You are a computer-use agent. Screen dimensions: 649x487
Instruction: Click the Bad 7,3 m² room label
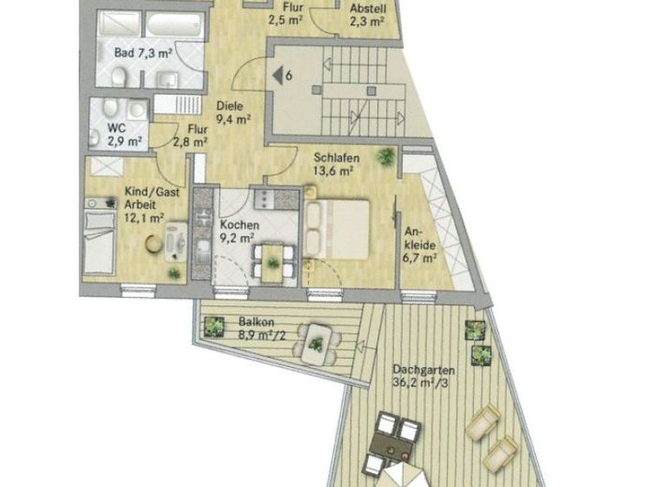143,52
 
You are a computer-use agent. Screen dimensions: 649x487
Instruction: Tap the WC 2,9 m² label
123,135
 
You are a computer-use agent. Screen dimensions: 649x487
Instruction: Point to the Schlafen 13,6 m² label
336,164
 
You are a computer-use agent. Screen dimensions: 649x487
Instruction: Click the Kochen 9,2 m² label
239,231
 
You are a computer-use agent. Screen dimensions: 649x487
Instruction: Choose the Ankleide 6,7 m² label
420,245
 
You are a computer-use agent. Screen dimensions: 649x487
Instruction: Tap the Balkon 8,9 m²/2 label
262,328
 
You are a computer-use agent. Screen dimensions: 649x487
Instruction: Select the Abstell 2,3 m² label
368,14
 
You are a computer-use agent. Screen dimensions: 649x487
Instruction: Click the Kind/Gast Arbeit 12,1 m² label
152,204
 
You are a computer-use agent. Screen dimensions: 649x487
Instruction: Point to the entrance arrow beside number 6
277,76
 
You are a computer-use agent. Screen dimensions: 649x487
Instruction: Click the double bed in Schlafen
336,230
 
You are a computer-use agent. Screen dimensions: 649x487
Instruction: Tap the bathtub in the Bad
175,25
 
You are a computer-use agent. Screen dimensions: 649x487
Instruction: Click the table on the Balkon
317,344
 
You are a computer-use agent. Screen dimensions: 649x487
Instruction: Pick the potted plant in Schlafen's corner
386,156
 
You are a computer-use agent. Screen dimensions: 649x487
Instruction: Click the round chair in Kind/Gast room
154,243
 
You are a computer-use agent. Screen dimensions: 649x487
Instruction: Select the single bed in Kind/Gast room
99,243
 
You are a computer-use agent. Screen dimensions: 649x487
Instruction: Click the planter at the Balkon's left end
214,327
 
